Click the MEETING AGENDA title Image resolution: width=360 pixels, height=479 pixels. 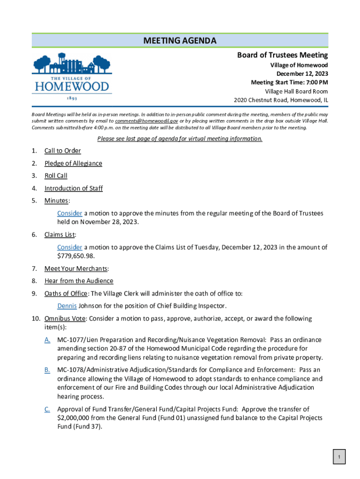[x=180, y=41]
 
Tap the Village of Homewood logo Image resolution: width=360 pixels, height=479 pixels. [x=72, y=77]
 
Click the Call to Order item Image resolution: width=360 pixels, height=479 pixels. [x=63, y=151]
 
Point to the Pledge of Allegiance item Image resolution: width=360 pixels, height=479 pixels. [x=73, y=163]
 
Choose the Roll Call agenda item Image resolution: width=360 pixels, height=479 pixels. [x=56, y=176]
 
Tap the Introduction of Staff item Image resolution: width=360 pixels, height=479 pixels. [x=73, y=189]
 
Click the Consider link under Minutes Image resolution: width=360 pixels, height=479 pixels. [x=70, y=213]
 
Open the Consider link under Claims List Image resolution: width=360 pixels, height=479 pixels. [x=70, y=247]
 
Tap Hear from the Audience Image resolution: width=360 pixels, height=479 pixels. [x=79, y=281]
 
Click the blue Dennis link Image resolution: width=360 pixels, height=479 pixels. [x=67, y=306]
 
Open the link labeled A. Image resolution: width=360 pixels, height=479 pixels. [x=47, y=340]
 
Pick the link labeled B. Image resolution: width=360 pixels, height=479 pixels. [x=47, y=370]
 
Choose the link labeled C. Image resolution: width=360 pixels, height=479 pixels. [x=47, y=409]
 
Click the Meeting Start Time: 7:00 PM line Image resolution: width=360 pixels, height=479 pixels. [x=289, y=83]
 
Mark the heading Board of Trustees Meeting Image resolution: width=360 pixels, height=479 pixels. [x=282, y=55]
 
